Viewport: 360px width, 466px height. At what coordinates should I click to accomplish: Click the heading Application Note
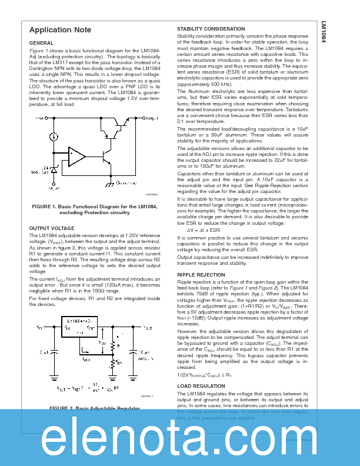tap(60, 30)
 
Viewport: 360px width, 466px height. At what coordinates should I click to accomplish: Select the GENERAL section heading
tap(41, 44)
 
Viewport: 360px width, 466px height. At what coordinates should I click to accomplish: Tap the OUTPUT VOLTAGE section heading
tap(52, 228)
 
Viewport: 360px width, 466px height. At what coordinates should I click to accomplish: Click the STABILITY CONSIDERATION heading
tap(211, 29)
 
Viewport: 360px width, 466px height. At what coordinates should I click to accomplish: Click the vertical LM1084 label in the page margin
tap(324, 32)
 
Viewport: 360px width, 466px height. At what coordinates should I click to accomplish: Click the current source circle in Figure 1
tap(54, 137)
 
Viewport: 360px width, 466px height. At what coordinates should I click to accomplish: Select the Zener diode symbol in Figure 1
tap(54, 169)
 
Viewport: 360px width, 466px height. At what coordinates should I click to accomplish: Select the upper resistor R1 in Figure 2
tap(112, 347)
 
